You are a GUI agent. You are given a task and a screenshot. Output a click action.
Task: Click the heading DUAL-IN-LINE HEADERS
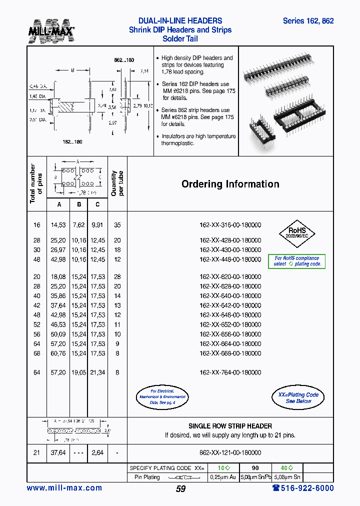pyautogui.click(x=180, y=21)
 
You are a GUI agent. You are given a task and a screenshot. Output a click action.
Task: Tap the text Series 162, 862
pyautogui.click(x=308, y=21)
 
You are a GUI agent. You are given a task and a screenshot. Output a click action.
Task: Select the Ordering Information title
pyautogui.click(x=230, y=184)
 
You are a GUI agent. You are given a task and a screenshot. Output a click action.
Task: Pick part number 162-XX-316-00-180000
pyautogui.click(x=230, y=225)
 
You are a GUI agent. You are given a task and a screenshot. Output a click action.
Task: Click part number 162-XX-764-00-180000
pyautogui.click(x=230, y=372)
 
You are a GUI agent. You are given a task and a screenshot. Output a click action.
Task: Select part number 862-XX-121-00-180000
pyautogui.click(x=230, y=452)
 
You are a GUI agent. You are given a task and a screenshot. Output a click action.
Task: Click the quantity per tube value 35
pyautogui.click(x=117, y=225)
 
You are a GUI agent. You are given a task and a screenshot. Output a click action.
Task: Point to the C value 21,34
pyautogui.click(x=97, y=372)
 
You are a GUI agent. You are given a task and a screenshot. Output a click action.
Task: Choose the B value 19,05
pyautogui.click(x=78, y=372)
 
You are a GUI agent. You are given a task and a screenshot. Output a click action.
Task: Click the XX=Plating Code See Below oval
pyautogui.click(x=298, y=397)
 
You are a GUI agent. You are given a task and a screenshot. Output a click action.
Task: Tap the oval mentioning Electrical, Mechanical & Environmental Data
pyautogui.click(x=162, y=396)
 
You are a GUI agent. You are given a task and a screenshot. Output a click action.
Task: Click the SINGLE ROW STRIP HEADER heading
pyautogui.click(x=230, y=426)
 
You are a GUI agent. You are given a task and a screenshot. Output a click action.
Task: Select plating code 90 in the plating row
pyautogui.click(x=255, y=468)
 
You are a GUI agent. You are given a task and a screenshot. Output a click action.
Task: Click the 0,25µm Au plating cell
pyautogui.click(x=223, y=477)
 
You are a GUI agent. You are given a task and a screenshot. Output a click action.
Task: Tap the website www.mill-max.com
pyautogui.click(x=64, y=488)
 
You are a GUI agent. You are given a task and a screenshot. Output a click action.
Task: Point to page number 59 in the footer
pyautogui.click(x=180, y=489)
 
